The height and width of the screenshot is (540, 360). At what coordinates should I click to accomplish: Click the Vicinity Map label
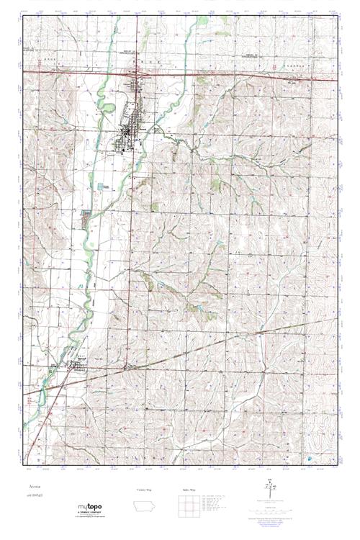[145, 489]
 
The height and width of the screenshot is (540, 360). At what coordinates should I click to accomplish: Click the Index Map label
[188, 489]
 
